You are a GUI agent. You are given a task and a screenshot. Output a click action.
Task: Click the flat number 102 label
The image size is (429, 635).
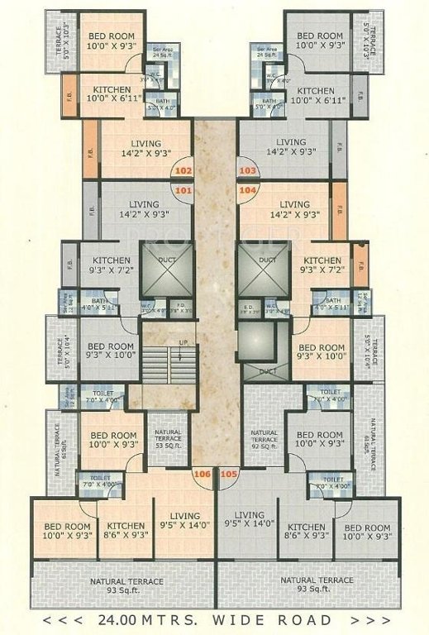click(184, 170)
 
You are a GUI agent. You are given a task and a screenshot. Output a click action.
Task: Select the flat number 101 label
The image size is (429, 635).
click(184, 190)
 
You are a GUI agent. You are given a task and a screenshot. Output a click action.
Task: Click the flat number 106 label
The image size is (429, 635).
click(202, 475)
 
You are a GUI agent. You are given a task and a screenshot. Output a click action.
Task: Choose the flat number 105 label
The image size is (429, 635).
click(229, 475)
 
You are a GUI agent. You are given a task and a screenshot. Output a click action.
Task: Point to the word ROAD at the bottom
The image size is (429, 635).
click(302, 619)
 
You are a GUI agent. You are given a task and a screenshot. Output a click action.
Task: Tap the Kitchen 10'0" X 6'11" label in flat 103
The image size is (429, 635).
click(316, 95)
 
